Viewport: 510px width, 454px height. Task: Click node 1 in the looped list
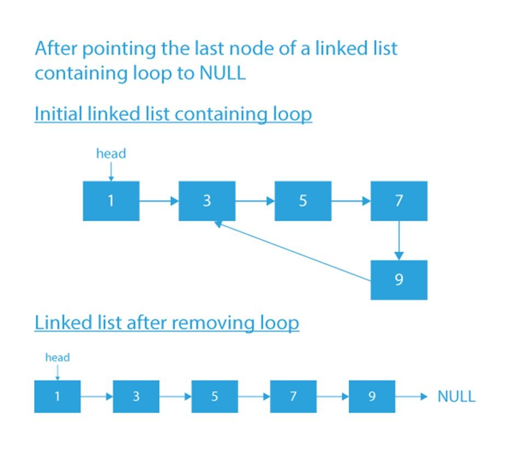[111, 201]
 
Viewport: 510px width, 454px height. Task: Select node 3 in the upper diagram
[207, 201]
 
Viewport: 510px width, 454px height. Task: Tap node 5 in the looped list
[303, 201]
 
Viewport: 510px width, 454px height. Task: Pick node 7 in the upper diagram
[399, 201]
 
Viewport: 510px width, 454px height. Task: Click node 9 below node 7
[399, 280]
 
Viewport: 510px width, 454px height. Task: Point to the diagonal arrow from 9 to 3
[293, 253]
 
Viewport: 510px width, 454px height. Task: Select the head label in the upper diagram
[111, 154]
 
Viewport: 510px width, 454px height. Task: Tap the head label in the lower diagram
[58, 358]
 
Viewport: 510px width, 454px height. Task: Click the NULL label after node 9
[456, 396]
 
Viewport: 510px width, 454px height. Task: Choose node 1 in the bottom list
[58, 396]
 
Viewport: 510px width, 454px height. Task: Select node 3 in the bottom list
[136, 396]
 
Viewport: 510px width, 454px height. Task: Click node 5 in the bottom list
[214, 396]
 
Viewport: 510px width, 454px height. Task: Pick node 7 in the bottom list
[293, 396]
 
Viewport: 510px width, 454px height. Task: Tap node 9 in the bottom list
[372, 396]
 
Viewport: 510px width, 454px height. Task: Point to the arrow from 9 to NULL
[411, 396]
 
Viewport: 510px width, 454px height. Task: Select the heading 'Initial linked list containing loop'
[173, 114]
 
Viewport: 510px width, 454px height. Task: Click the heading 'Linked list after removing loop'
[167, 323]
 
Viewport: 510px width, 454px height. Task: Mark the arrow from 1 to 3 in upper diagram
[159, 201]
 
